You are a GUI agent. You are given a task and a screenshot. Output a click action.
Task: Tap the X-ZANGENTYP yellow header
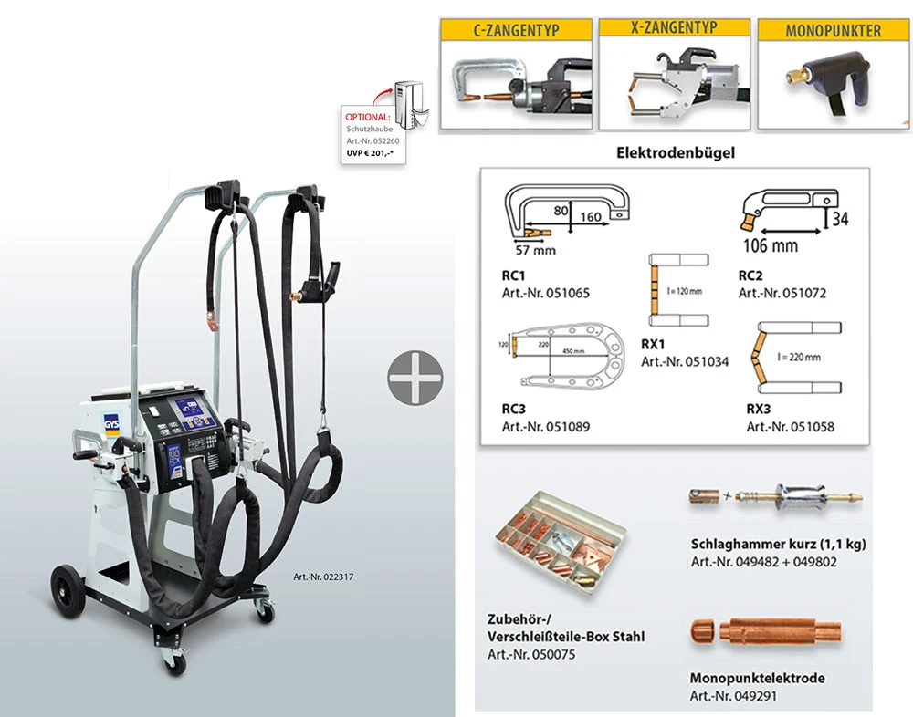[x=673, y=30]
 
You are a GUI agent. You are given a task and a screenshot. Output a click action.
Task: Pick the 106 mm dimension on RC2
[x=772, y=244]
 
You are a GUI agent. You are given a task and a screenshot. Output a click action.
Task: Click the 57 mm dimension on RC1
[x=532, y=247]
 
